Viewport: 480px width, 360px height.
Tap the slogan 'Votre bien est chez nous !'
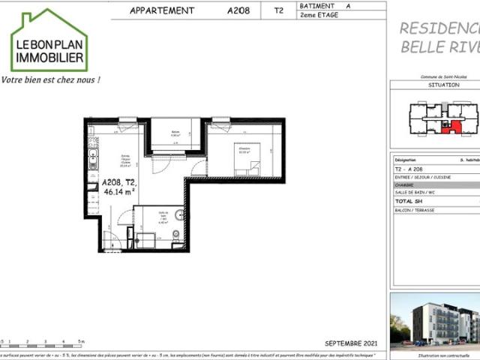50,79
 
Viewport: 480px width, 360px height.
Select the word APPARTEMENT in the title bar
162,10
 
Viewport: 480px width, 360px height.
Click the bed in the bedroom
246,160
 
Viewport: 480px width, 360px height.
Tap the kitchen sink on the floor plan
93,158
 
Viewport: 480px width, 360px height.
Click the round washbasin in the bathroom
178,215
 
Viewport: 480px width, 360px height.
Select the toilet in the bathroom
175,235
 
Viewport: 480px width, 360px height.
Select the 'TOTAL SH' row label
410,202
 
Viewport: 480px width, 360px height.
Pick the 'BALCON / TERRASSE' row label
414,211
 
